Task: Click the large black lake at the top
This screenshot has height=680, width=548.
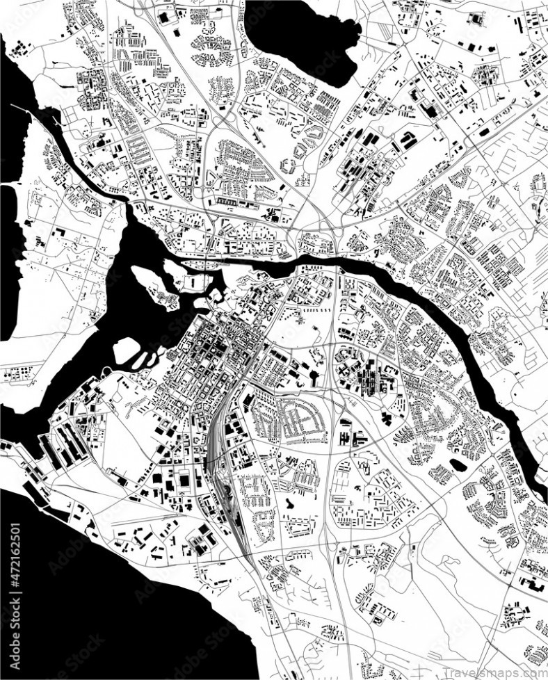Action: (306, 35)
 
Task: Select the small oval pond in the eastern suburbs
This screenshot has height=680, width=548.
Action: (458, 464)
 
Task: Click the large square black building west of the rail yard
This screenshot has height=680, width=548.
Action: (185, 479)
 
